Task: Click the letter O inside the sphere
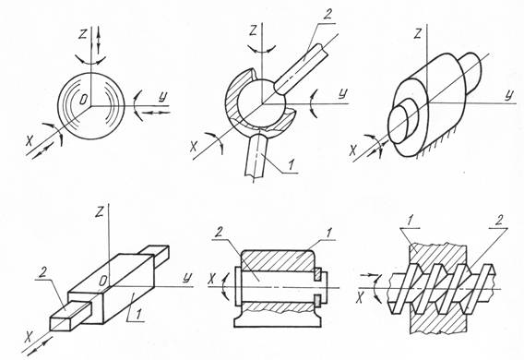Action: (x=84, y=99)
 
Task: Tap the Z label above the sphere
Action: (x=82, y=35)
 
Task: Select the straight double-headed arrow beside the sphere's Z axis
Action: (x=99, y=39)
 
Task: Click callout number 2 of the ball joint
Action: (x=328, y=16)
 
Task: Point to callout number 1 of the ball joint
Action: (x=292, y=164)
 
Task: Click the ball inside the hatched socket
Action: (x=262, y=103)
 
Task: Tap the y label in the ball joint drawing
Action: (x=342, y=93)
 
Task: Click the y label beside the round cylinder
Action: (x=508, y=94)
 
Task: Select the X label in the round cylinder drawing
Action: (x=352, y=150)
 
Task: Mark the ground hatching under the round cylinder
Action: (x=435, y=147)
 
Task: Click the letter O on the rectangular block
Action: (x=103, y=282)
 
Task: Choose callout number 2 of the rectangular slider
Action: (x=42, y=272)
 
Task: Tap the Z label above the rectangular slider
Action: (x=99, y=212)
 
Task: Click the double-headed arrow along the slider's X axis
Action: (x=40, y=346)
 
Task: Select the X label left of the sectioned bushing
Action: (x=211, y=279)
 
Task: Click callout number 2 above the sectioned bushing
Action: (x=219, y=233)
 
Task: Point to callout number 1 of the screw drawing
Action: (x=411, y=221)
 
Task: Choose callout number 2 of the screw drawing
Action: (x=499, y=221)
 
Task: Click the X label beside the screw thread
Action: (x=360, y=297)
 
